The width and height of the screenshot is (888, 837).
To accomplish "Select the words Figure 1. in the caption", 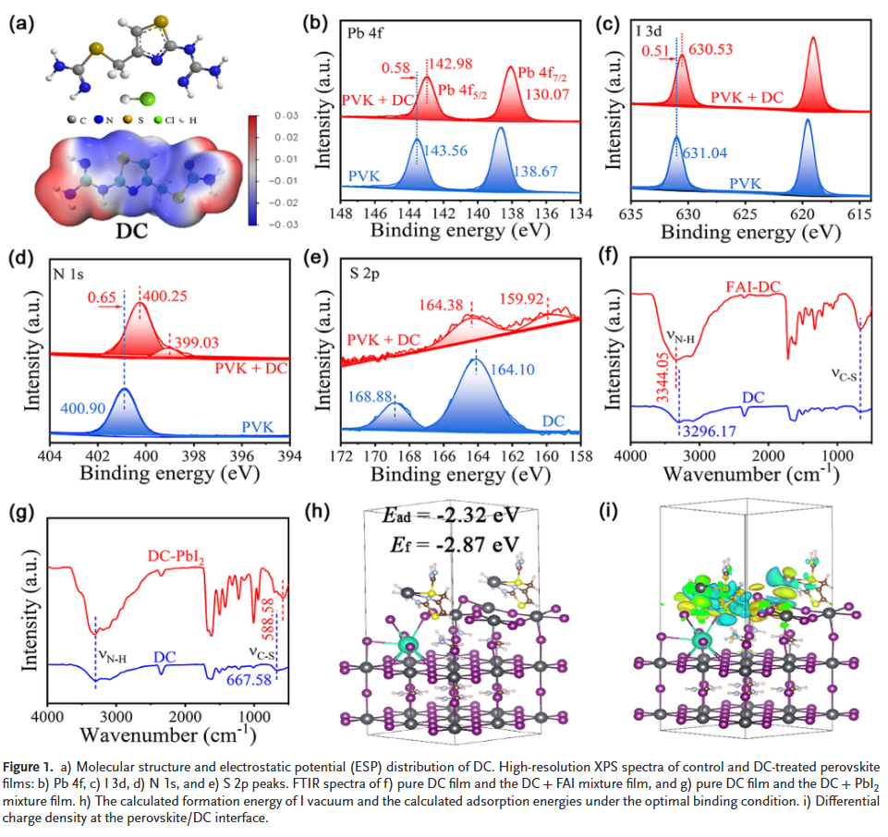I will click(31, 769).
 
